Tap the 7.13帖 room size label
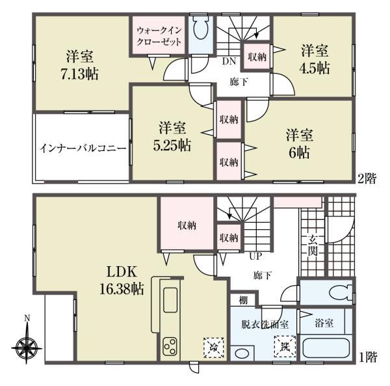pos(79,74)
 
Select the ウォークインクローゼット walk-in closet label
pos(159,36)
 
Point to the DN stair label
pos(229,61)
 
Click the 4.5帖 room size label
pos(315,68)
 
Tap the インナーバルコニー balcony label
pos(83,149)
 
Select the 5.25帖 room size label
pos(172,145)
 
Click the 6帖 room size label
pos(299,152)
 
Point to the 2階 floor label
pos(367,178)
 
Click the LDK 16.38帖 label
pos(122,280)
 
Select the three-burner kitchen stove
pos(170,346)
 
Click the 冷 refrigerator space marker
pos(214,348)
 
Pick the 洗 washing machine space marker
pos(285,346)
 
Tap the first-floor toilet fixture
pos(340,293)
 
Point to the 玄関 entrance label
pos(313,245)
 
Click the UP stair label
pos(256,256)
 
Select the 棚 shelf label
pos(243,301)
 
